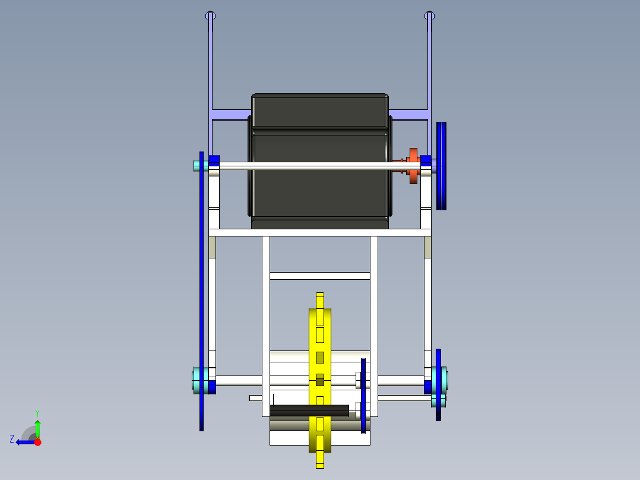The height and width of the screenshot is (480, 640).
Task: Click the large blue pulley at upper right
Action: pos(441,165)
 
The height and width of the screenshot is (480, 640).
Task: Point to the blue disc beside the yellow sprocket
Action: pos(363,395)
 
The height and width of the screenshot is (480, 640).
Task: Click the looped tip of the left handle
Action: pos(210,17)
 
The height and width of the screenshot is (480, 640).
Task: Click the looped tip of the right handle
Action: pos(430,17)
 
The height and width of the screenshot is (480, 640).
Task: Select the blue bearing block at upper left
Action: pos(214,160)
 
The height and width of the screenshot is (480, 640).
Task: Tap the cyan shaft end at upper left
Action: pos(197,166)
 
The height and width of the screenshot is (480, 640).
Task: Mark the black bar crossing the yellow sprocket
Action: pos(309,410)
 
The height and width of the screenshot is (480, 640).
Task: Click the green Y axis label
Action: pos(37,412)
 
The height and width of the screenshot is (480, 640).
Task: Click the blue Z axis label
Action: pos(12,438)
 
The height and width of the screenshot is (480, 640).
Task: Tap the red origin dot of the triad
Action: pos(37,442)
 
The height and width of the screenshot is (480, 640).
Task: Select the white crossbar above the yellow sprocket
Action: pos(320,276)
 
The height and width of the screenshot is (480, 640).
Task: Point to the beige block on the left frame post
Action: pos(212,247)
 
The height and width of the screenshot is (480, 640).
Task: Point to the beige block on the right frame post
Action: pos(427,247)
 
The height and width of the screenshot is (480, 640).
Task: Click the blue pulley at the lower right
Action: pos(438,384)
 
